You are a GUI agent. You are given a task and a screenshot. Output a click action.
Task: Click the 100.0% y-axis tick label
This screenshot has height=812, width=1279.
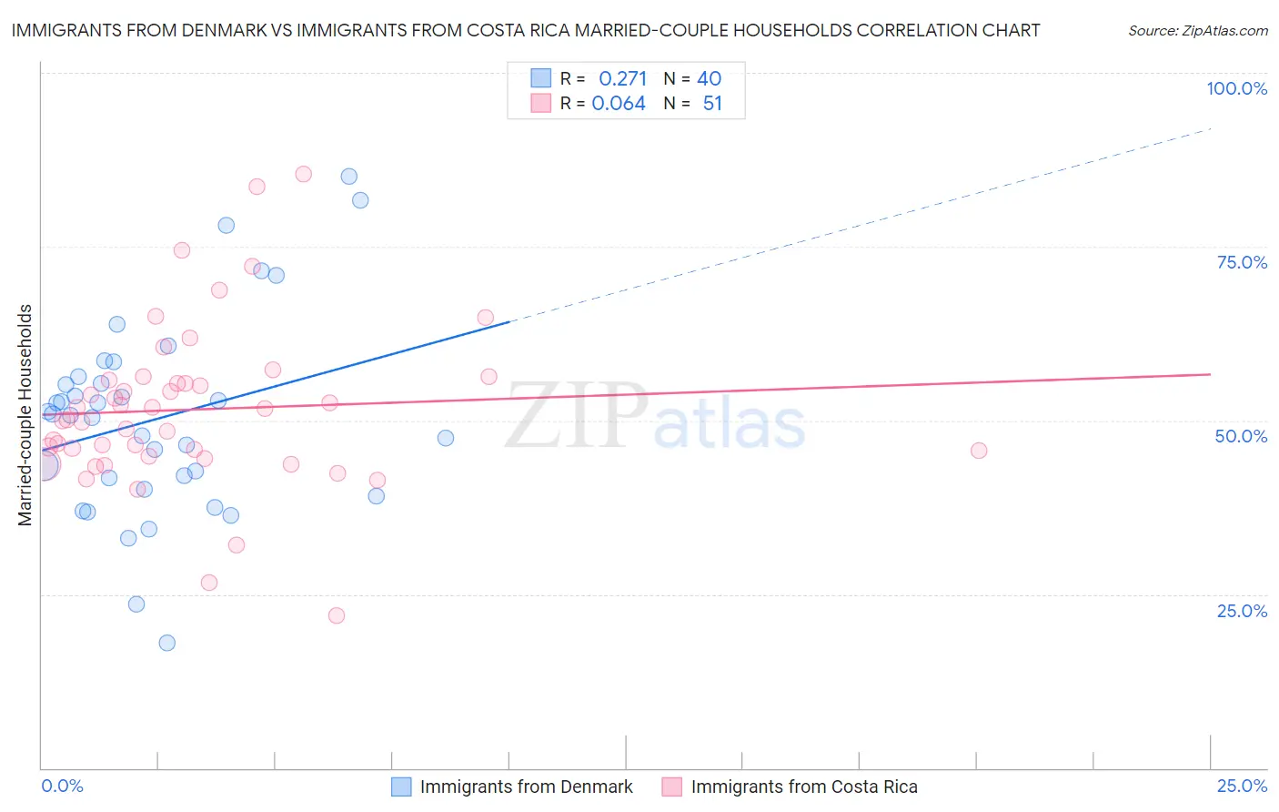(x=1236, y=88)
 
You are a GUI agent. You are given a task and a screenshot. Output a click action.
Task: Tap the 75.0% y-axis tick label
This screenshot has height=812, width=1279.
(x=1242, y=262)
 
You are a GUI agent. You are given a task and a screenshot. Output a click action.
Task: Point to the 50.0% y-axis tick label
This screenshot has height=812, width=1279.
(x=1241, y=436)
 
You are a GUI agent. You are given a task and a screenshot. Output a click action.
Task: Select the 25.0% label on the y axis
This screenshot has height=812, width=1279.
(x=1242, y=611)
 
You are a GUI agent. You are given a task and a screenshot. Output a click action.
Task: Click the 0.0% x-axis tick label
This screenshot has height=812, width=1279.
(x=62, y=786)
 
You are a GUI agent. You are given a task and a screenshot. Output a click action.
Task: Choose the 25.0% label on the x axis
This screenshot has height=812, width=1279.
(x=1242, y=786)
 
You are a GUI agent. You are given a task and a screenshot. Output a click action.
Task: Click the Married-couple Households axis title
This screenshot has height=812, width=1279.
(x=25, y=414)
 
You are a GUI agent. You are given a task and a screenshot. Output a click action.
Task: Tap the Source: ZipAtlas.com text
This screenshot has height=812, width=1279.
(x=1197, y=30)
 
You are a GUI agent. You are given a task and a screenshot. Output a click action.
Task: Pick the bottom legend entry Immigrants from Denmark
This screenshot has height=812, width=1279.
(x=526, y=787)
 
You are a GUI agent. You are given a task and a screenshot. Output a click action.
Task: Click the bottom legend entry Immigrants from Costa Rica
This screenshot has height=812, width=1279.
(x=804, y=787)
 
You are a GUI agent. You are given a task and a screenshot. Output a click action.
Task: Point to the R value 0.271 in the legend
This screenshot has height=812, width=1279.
(x=622, y=79)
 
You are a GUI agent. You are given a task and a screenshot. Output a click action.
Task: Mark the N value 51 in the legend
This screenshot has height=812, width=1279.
(x=712, y=104)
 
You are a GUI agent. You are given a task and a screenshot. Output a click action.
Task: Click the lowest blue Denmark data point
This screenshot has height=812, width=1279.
(x=167, y=643)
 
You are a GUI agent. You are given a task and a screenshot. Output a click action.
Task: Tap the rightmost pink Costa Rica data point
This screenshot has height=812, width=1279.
(x=979, y=451)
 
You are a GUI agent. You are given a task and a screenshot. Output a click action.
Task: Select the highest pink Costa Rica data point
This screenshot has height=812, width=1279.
(x=304, y=174)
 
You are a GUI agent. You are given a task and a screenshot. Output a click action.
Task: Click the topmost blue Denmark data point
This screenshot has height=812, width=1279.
(x=349, y=177)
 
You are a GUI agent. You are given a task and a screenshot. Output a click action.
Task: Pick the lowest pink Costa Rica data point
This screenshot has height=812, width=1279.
(x=337, y=615)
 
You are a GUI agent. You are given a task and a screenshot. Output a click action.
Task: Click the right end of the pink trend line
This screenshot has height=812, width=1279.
(x=1210, y=374)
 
